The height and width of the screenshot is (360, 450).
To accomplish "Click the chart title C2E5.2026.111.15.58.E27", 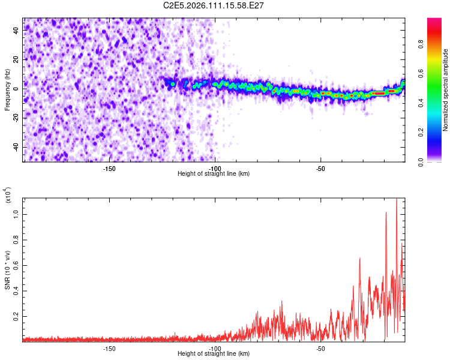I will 214,5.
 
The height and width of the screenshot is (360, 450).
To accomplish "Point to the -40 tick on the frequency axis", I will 16,147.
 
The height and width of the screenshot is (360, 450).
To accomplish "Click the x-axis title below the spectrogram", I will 214,173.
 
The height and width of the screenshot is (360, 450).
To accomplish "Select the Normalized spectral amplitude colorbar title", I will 446,90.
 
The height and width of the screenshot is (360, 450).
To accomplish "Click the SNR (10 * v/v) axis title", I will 7,269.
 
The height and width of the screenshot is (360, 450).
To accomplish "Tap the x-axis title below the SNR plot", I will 214,354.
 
